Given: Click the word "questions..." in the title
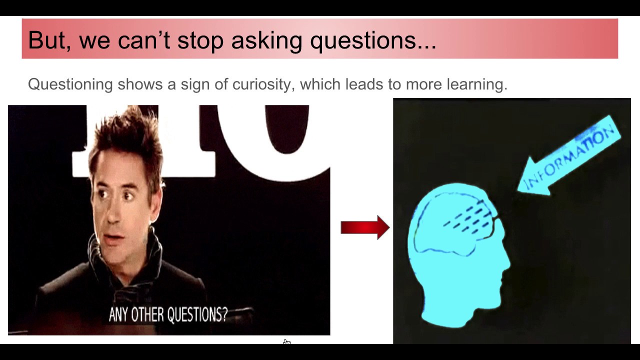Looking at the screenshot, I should [373, 40].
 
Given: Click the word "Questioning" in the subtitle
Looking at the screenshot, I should [70, 84].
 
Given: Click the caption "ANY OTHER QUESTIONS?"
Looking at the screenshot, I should [168, 314].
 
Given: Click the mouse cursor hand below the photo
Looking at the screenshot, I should [286, 342].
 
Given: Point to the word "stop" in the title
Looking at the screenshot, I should [200, 40].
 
